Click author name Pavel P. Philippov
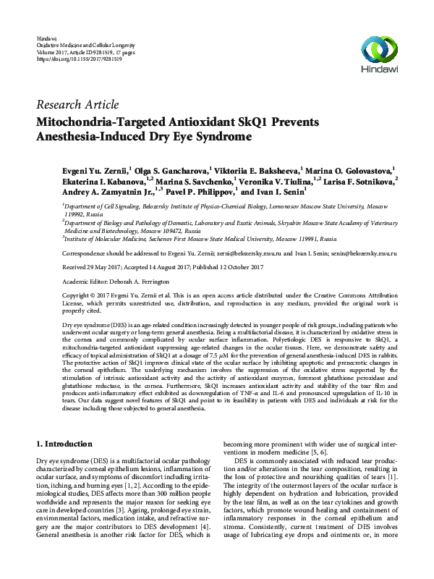(191, 192)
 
